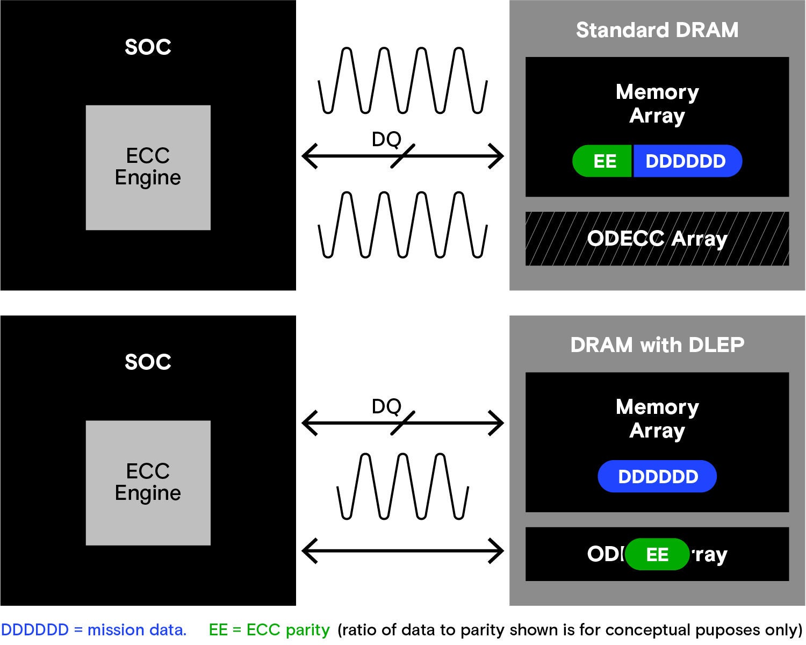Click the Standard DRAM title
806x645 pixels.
tap(657, 30)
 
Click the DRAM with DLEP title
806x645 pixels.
tap(657, 345)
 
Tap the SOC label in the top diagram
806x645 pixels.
tap(148, 47)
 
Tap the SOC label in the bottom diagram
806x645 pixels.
tap(148, 362)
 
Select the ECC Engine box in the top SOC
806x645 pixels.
tap(148, 167)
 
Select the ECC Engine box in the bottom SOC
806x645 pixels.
tap(148, 483)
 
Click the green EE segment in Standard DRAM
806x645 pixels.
tap(603, 161)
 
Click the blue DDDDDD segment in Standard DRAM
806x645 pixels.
tap(686, 161)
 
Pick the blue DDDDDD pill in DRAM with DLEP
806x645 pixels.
tap(657, 477)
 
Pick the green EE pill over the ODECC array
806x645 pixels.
tap(657, 554)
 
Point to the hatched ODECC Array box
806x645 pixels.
tap(657, 239)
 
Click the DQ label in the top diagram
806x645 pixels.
tap(386, 140)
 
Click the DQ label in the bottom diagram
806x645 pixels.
tap(386, 406)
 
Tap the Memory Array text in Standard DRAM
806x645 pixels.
tap(657, 104)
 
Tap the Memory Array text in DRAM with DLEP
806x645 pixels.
tap(657, 419)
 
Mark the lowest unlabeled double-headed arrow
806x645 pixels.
tap(403, 550)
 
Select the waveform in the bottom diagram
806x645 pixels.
tap(403, 486)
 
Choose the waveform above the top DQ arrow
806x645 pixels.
tap(403, 81)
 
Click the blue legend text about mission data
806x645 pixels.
tap(93, 630)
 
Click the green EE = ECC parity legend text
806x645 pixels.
tap(269, 630)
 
